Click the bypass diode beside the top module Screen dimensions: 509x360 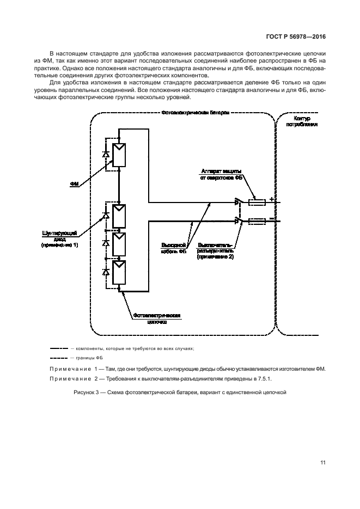106,155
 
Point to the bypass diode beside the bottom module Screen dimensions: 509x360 106,271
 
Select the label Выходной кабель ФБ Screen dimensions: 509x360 174,248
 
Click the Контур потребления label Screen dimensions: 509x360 301,121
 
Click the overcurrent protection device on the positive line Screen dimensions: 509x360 257,203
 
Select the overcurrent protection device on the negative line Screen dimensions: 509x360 257,221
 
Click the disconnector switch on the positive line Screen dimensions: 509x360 237,203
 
